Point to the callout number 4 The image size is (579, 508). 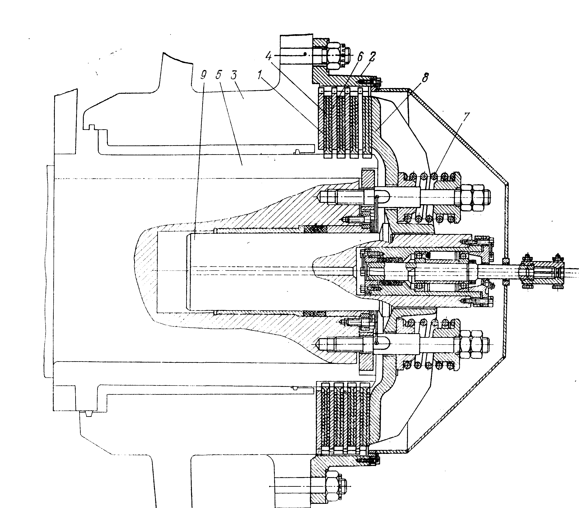(268, 56)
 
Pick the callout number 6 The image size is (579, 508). (359, 57)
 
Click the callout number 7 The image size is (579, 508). (466, 116)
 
